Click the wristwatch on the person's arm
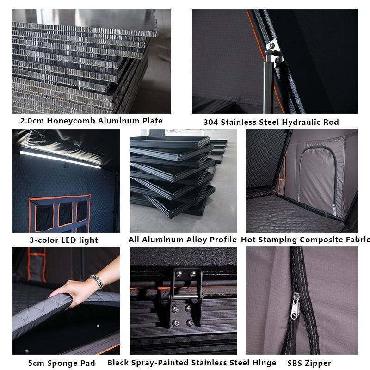point(97,281)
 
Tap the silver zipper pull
point(295,306)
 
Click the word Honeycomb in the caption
point(71,121)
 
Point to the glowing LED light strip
point(61,160)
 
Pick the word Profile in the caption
point(223,240)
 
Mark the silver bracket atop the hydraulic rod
point(274,52)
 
